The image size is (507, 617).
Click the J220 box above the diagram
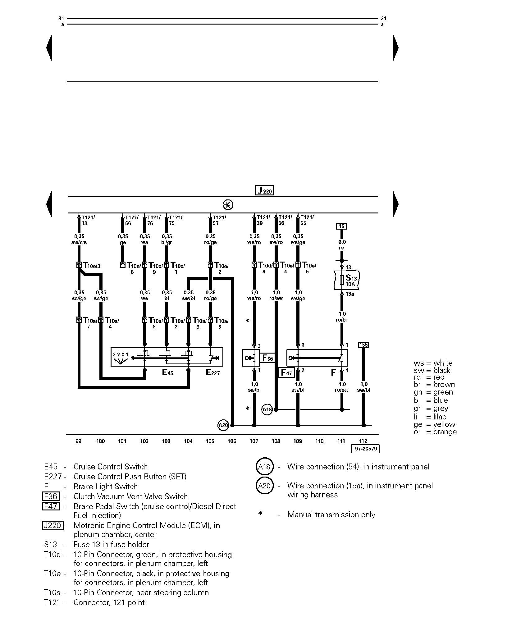[264, 190]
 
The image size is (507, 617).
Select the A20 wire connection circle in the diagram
[223, 425]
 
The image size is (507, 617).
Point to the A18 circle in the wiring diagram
[267, 409]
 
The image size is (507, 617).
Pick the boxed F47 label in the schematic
[286, 372]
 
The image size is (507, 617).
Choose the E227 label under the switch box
[213, 372]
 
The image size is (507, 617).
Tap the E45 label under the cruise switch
[168, 372]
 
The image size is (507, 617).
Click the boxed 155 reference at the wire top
[363, 345]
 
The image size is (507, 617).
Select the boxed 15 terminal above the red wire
[342, 226]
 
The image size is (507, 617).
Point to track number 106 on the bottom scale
[232, 441]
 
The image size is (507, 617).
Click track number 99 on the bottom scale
[78, 441]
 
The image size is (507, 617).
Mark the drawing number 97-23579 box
[366, 449]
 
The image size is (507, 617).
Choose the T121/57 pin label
[219, 220]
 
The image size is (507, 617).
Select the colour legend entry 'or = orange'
[435, 432]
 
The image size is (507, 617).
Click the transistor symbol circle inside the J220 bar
[228, 205]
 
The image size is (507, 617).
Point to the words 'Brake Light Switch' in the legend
[106, 487]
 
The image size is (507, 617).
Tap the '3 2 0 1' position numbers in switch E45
[121, 354]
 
